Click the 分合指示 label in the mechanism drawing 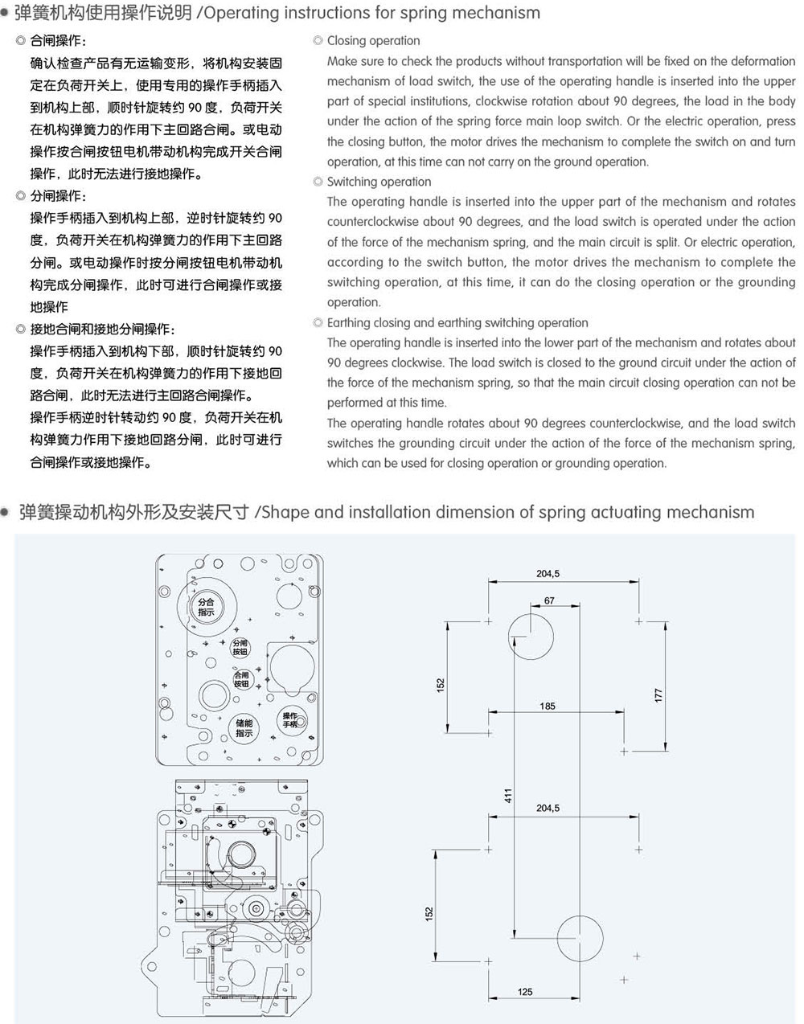click(x=206, y=607)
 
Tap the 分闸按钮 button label click(x=240, y=647)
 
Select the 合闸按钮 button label click(x=242, y=679)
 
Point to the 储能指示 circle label click(x=244, y=728)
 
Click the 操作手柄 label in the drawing click(x=289, y=719)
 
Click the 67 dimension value click(x=549, y=600)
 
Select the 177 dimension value click(x=658, y=695)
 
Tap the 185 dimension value click(x=548, y=706)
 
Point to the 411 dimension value click(x=507, y=796)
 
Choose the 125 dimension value click(x=524, y=992)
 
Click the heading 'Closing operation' click(x=373, y=40)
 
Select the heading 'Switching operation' click(x=379, y=182)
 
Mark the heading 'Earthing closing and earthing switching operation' click(x=457, y=323)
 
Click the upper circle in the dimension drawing click(x=531, y=614)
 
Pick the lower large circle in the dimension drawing click(x=580, y=915)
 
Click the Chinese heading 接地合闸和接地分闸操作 click(x=102, y=329)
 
